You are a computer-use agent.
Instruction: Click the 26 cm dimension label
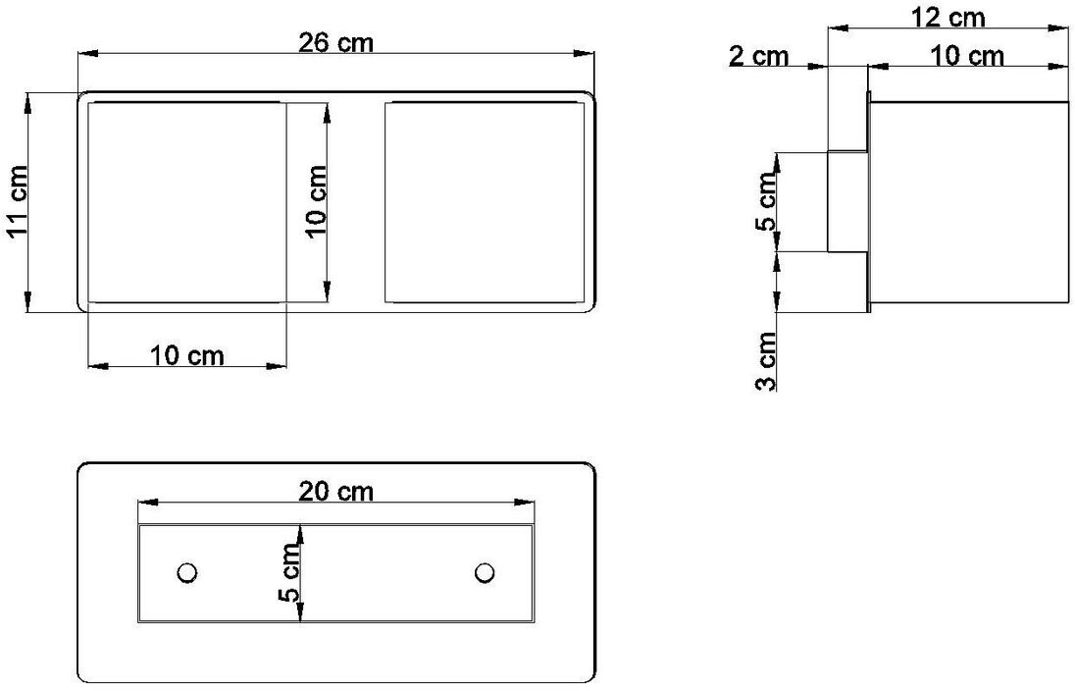tap(336, 42)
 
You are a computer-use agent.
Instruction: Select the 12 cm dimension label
tap(947, 16)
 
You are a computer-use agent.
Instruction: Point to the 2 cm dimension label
tap(758, 56)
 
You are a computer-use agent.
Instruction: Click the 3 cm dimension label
tap(767, 360)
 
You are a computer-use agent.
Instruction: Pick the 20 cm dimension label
tap(336, 491)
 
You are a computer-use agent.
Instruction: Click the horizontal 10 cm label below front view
tap(186, 355)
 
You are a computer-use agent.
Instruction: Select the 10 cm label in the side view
tap(967, 56)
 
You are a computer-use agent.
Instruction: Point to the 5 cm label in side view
tap(767, 202)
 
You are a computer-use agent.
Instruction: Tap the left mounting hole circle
tap(186, 572)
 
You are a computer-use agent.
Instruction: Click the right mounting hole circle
tap(484, 572)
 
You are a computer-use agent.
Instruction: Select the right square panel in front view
tap(485, 201)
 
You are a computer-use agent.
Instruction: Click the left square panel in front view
tap(186, 201)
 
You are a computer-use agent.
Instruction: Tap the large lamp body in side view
tap(968, 201)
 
